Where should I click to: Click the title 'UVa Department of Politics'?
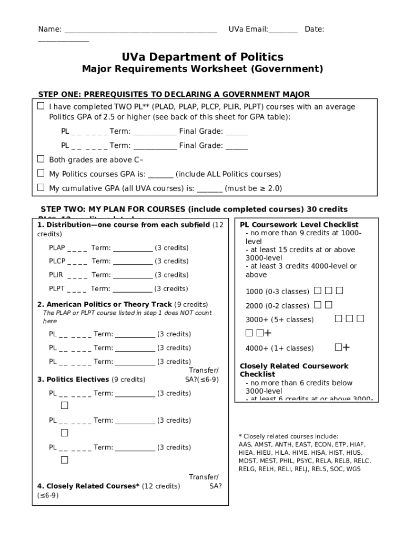(x=202, y=57)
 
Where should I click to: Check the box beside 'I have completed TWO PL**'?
(x=41, y=106)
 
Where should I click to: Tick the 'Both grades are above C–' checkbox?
(x=41, y=159)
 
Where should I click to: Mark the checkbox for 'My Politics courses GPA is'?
(x=41, y=173)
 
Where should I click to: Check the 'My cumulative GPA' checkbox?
(x=41, y=187)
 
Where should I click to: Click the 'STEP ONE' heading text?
(x=174, y=94)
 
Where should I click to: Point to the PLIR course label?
(x=56, y=275)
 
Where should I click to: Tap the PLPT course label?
(x=57, y=288)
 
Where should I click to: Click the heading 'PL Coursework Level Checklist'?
(x=299, y=225)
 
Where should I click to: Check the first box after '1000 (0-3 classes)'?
(x=318, y=291)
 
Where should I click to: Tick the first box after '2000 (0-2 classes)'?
(x=318, y=305)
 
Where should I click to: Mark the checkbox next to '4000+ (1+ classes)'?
(x=338, y=347)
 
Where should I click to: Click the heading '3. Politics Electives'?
(x=73, y=379)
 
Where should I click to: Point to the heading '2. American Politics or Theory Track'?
(x=104, y=304)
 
